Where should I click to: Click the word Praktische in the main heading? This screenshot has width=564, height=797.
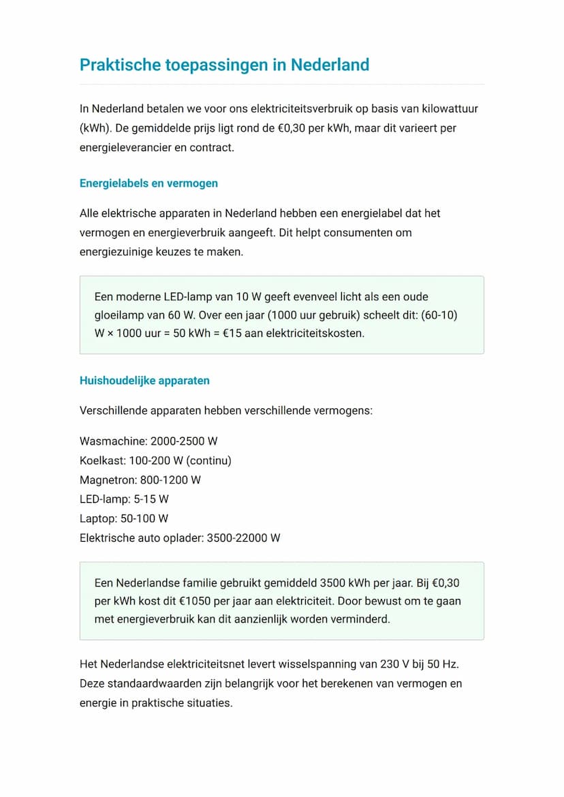[120, 65]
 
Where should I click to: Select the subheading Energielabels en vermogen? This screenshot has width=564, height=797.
[148, 183]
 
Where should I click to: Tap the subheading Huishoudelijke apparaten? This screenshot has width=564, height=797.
[144, 380]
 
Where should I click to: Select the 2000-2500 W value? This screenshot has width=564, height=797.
[184, 441]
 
